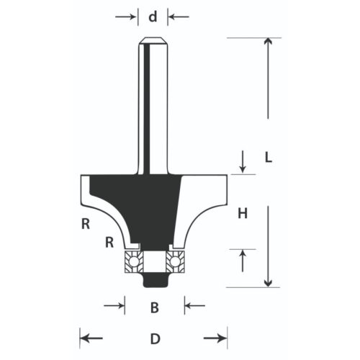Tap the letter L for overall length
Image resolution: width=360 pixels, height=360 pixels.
click(268, 156)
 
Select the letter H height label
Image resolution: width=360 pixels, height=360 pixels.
click(243, 212)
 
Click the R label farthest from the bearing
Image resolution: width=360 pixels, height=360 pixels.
click(85, 224)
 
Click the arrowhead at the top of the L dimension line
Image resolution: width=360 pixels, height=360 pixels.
click(268, 42)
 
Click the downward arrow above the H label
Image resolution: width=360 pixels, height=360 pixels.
click(243, 165)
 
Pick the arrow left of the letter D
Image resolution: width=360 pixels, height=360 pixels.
click(88, 338)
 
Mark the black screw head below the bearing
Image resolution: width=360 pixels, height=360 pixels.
click(153, 276)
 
